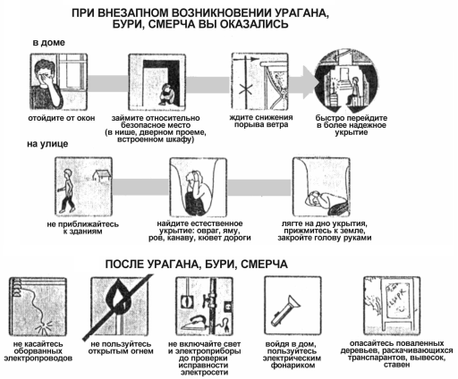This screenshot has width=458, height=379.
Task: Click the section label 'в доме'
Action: (50, 42)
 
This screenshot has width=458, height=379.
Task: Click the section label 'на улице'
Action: (47, 143)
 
